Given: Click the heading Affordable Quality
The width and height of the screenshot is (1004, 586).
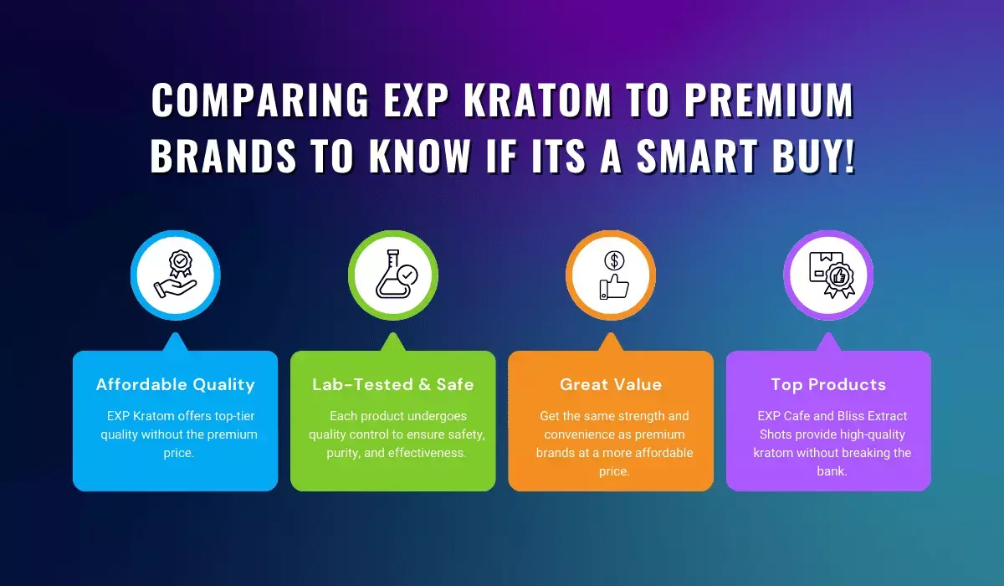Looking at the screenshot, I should pos(175,385).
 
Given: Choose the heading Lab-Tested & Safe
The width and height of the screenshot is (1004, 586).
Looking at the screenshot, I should pos(392,385).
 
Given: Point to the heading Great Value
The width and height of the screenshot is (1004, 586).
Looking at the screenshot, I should pos(610,385).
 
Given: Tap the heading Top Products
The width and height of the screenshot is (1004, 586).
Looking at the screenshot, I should pos(827,385).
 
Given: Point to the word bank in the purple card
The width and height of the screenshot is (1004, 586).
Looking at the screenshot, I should pos(827,471).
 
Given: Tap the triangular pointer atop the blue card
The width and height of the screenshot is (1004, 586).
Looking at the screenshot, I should pos(175,342).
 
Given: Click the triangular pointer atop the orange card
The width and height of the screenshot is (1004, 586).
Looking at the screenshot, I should pos(610,342).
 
